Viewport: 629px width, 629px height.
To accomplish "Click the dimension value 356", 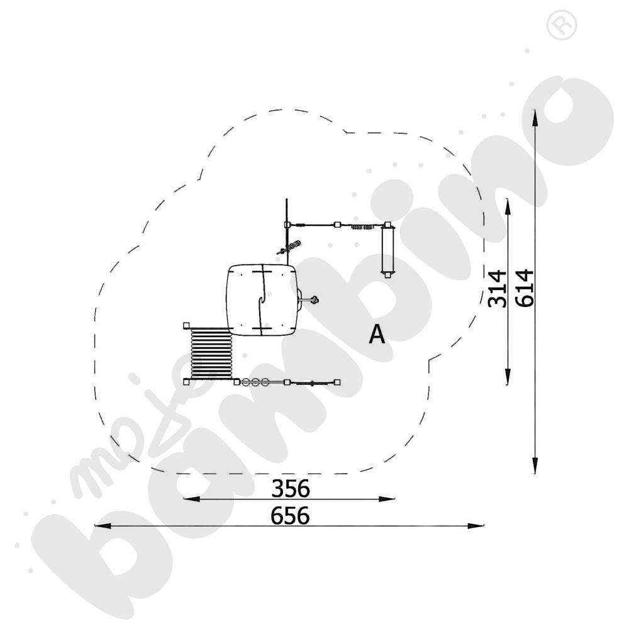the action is click(x=291, y=488).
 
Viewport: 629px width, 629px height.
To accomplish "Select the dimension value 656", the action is click(x=290, y=516).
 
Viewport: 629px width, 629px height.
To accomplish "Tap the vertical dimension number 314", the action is click(x=497, y=289).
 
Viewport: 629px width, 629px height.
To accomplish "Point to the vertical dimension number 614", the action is click(x=525, y=288).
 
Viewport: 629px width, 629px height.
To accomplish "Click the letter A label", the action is click(x=377, y=334).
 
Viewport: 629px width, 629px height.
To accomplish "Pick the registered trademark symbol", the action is click(x=561, y=25).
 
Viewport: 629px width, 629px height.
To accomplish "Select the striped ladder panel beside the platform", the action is click(x=211, y=353).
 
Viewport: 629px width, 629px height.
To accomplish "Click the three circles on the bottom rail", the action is click(x=255, y=382).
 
